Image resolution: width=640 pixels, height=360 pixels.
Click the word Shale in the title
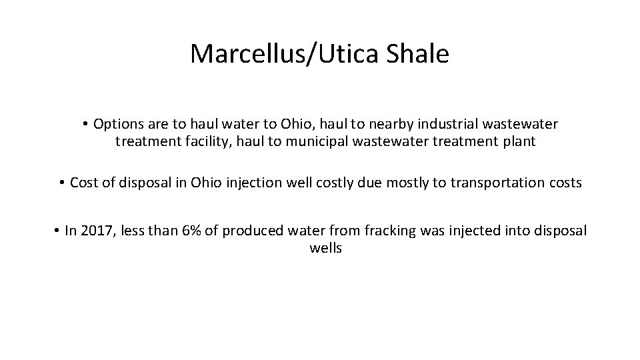[417, 54]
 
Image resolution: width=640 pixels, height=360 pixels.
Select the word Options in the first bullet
[115, 124]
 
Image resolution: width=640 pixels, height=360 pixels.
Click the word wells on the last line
[325, 249]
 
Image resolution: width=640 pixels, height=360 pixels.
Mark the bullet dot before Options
[87, 125]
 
